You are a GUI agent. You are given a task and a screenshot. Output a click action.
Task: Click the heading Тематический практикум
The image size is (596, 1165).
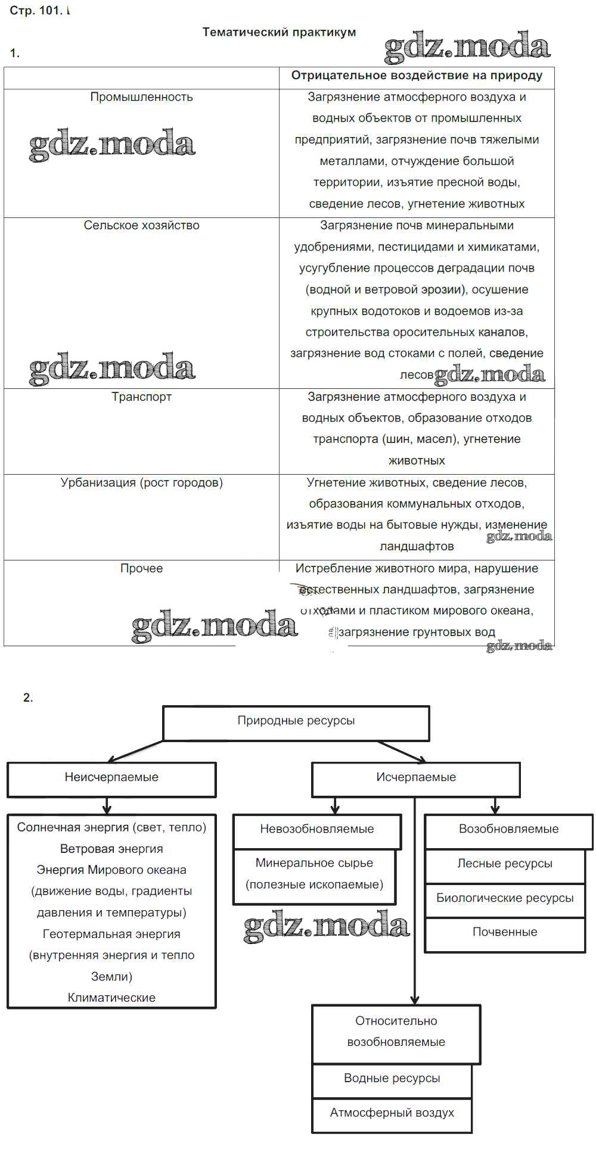(279, 32)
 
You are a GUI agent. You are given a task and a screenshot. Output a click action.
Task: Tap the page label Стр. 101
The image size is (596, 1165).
(36, 11)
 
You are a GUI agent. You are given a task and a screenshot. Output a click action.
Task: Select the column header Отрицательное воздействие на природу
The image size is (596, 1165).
(417, 76)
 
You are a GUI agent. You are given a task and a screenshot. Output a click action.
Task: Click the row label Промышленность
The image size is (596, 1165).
(141, 97)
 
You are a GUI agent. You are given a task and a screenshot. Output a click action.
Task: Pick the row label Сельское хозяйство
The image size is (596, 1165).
(141, 226)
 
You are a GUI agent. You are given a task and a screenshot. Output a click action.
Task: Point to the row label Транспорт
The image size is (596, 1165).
(141, 397)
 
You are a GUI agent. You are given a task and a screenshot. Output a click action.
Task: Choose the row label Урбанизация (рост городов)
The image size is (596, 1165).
(141, 482)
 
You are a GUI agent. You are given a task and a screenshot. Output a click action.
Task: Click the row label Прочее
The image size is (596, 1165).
(141, 568)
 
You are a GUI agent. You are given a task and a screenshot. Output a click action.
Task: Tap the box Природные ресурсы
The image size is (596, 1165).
(296, 721)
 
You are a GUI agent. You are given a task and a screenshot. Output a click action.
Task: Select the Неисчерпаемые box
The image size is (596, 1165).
(111, 777)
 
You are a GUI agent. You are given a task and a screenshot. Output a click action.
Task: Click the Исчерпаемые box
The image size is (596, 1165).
(415, 777)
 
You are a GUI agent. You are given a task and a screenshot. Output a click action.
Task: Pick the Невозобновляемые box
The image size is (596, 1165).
(316, 829)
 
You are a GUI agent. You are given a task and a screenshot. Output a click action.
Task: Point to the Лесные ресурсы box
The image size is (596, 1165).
(504, 864)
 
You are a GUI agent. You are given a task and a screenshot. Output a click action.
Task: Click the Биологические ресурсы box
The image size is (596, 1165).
(504, 898)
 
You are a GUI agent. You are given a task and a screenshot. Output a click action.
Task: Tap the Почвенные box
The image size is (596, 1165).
(504, 932)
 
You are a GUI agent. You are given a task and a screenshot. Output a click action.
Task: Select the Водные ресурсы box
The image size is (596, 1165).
(392, 1079)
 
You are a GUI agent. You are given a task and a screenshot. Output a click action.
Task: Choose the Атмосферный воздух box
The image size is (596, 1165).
(392, 1113)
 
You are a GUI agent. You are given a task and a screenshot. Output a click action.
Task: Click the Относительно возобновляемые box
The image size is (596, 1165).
(396, 1032)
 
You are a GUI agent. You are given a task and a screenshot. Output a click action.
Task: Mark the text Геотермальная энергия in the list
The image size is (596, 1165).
(111, 934)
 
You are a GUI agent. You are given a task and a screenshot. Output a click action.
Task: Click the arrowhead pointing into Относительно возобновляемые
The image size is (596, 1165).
(415, 1000)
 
